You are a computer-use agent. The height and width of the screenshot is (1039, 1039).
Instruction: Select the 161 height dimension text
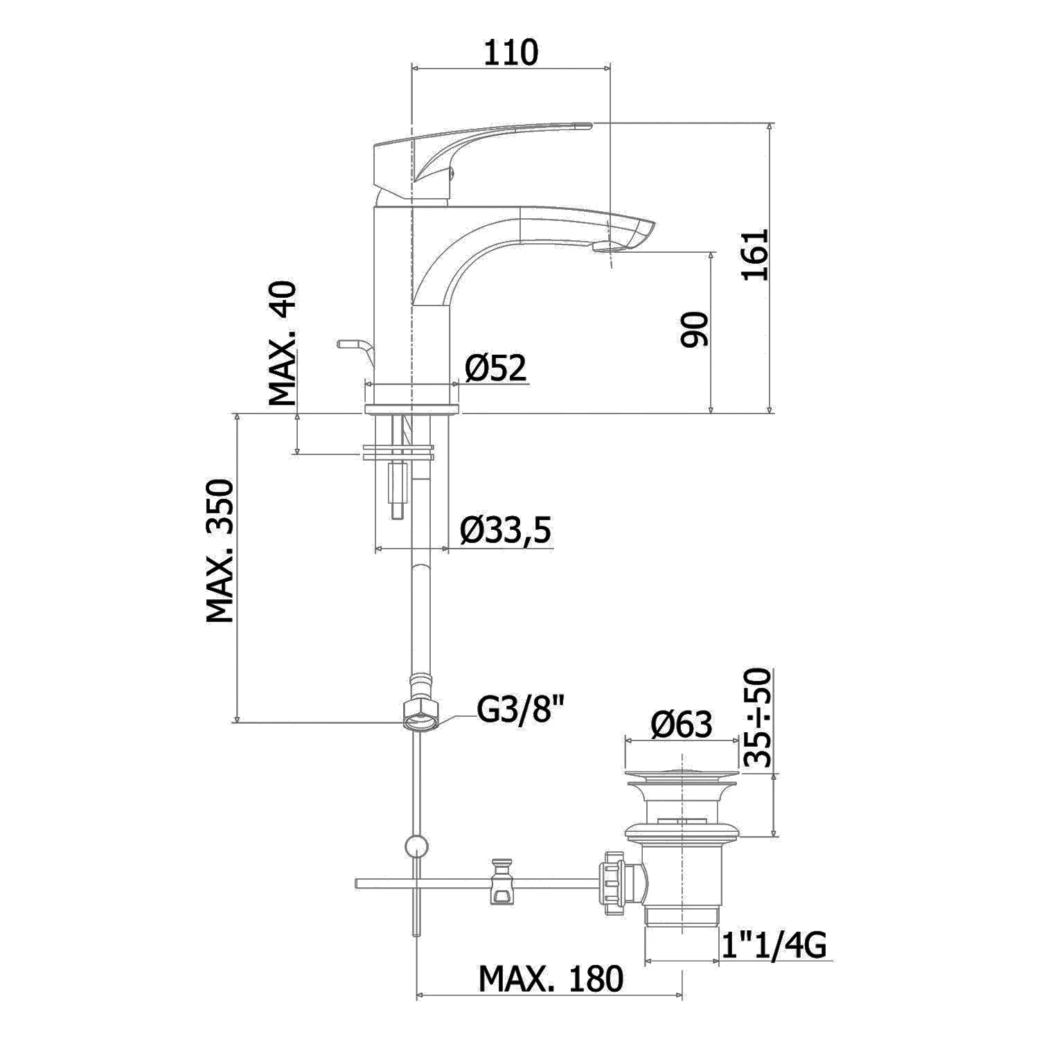[x=755, y=254]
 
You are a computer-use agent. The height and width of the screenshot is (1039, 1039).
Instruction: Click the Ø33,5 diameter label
[x=506, y=531]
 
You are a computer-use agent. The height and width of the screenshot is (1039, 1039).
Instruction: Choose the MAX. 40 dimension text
[x=283, y=343]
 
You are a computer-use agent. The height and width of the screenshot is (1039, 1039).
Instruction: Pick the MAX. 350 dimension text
[x=221, y=551]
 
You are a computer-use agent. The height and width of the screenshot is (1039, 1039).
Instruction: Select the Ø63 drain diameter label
[x=681, y=725]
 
